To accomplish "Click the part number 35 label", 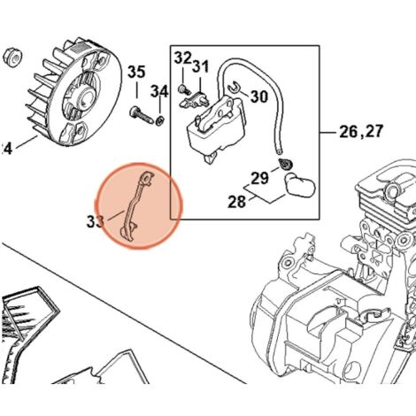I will coord(136,72).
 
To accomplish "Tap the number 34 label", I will coord(159,91).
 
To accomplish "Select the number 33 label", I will coord(94,220).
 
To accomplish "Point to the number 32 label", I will coord(182,58).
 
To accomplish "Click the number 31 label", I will coord(201,66).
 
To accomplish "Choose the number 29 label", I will coord(258,181).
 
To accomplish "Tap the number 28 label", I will coord(237,203).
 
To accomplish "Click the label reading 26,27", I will coord(363,134).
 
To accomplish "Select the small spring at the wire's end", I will coord(285,165).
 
